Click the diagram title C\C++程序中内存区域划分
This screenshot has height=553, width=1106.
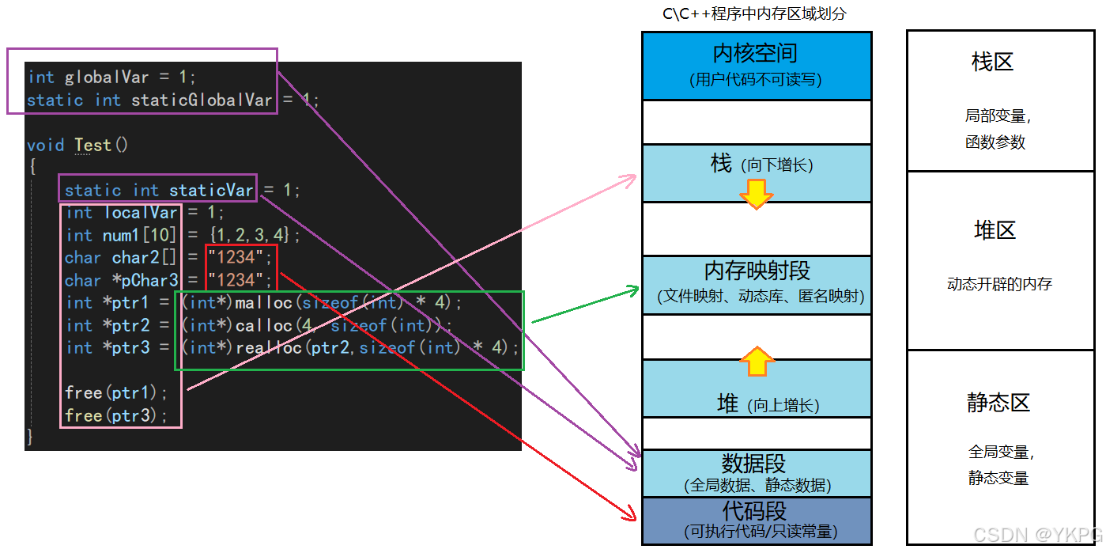coord(754,14)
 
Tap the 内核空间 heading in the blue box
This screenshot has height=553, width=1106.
coord(755,54)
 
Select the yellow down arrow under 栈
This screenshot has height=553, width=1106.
coord(757,194)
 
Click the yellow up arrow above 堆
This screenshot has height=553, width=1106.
coord(757,361)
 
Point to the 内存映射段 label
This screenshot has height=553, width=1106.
coord(757,271)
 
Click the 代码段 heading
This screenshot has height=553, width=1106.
coord(754,510)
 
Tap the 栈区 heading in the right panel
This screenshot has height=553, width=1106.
coord(993,62)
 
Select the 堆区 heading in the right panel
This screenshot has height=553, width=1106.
coord(995,230)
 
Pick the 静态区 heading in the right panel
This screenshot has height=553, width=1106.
coord(998,403)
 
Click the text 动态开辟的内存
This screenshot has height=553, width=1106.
coord(999,284)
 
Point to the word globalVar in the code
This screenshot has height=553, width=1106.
coord(107,78)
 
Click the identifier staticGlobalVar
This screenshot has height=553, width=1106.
coord(202,100)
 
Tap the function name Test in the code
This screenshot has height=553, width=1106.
coord(93,146)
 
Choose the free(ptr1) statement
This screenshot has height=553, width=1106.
coord(116,393)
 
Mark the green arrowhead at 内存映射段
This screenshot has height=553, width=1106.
coord(632,291)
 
